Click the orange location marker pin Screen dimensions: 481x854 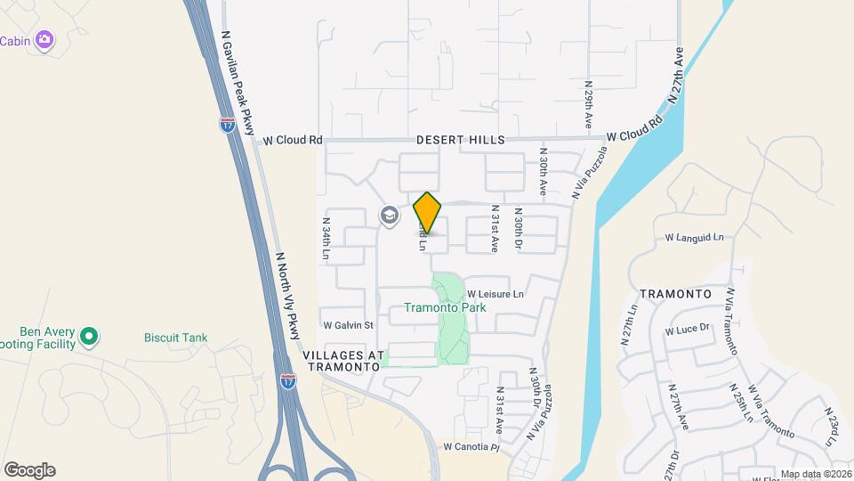[428, 212]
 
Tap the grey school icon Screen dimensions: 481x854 [389, 216]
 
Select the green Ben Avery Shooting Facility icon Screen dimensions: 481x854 [88, 337]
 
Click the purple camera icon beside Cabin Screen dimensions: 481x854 [45, 39]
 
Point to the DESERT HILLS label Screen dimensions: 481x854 [461, 140]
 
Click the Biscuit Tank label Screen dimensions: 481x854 [176, 338]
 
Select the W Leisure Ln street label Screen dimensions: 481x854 [495, 294]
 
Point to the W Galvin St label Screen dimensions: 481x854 [347, 325]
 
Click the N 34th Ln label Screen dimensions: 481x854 [326, 240]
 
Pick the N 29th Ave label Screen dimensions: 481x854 [589, 106]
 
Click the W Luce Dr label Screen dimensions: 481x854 [688, 329]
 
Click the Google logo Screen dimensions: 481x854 [29, 470]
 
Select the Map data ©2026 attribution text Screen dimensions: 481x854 [816, 474]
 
